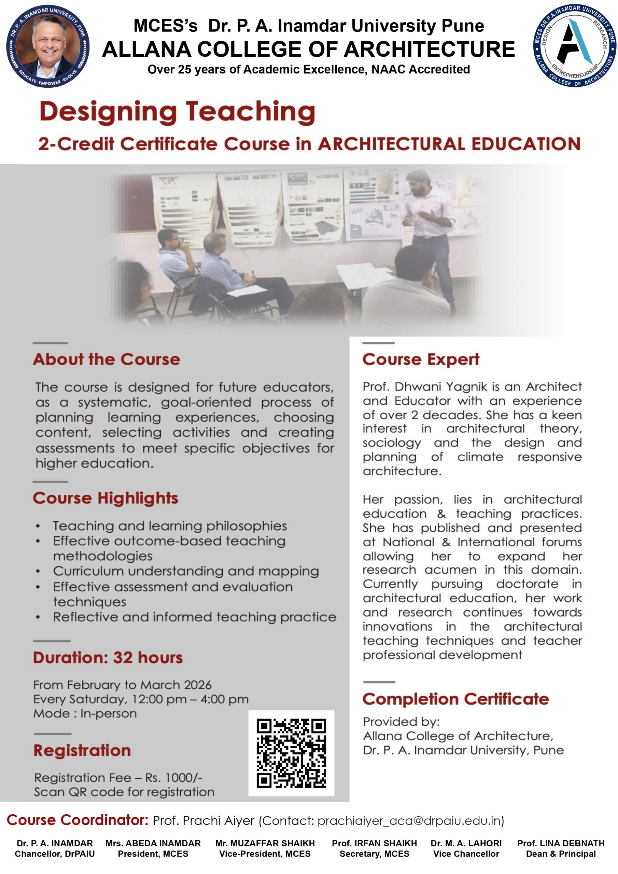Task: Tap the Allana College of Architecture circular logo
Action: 574,46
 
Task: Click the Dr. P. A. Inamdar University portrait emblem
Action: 48,46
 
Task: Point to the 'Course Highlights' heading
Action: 106,498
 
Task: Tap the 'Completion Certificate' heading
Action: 456,699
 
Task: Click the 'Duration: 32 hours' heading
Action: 108,658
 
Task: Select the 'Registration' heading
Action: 82,750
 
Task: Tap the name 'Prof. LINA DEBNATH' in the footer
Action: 561,844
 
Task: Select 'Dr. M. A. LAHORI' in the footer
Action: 466,844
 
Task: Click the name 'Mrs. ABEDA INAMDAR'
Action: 153,844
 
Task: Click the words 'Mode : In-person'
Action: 85,713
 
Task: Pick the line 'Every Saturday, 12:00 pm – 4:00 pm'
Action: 141,699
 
